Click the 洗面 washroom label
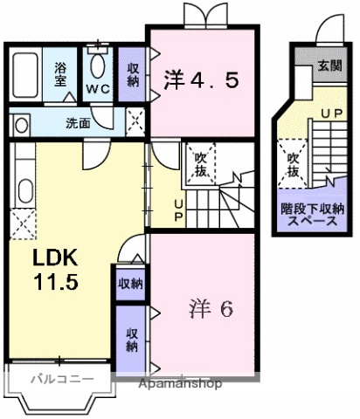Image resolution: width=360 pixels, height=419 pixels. pos(78,123)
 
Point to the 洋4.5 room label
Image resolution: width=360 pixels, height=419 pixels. pos(201,79)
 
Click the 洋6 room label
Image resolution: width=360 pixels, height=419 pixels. pos(210,310)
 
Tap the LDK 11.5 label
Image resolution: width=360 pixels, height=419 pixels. pos(57,270)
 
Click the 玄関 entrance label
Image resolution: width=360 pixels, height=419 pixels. pos(329,64)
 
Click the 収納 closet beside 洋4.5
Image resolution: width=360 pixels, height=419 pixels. pos(132,74)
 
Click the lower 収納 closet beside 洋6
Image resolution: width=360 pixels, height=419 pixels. pos(132,337)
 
